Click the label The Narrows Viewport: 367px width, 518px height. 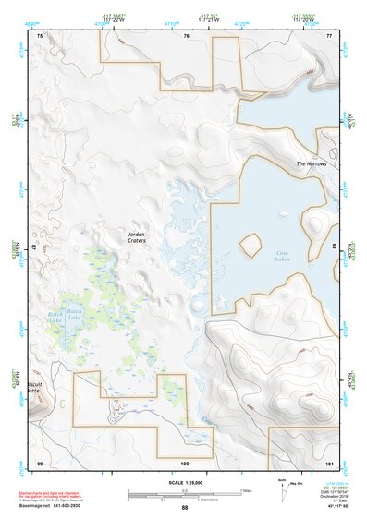click(x=312, y=163)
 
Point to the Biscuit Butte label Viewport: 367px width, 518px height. click(x=32, y=386)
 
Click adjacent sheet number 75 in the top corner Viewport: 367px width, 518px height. click(x=39, y=35)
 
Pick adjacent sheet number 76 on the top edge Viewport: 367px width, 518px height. click(x=186, y=35)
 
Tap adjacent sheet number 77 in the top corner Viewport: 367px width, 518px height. click(x=330, y=35)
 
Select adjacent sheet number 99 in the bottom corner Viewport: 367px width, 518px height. click(x=39, y=461)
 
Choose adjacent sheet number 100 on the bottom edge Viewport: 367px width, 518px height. click(x=185, y=461)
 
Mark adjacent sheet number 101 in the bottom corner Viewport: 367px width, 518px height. click(x=329, y=461)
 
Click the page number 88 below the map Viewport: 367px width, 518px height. click(x=185, y=507)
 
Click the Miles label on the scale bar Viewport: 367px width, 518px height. click(x=245, y=489)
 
